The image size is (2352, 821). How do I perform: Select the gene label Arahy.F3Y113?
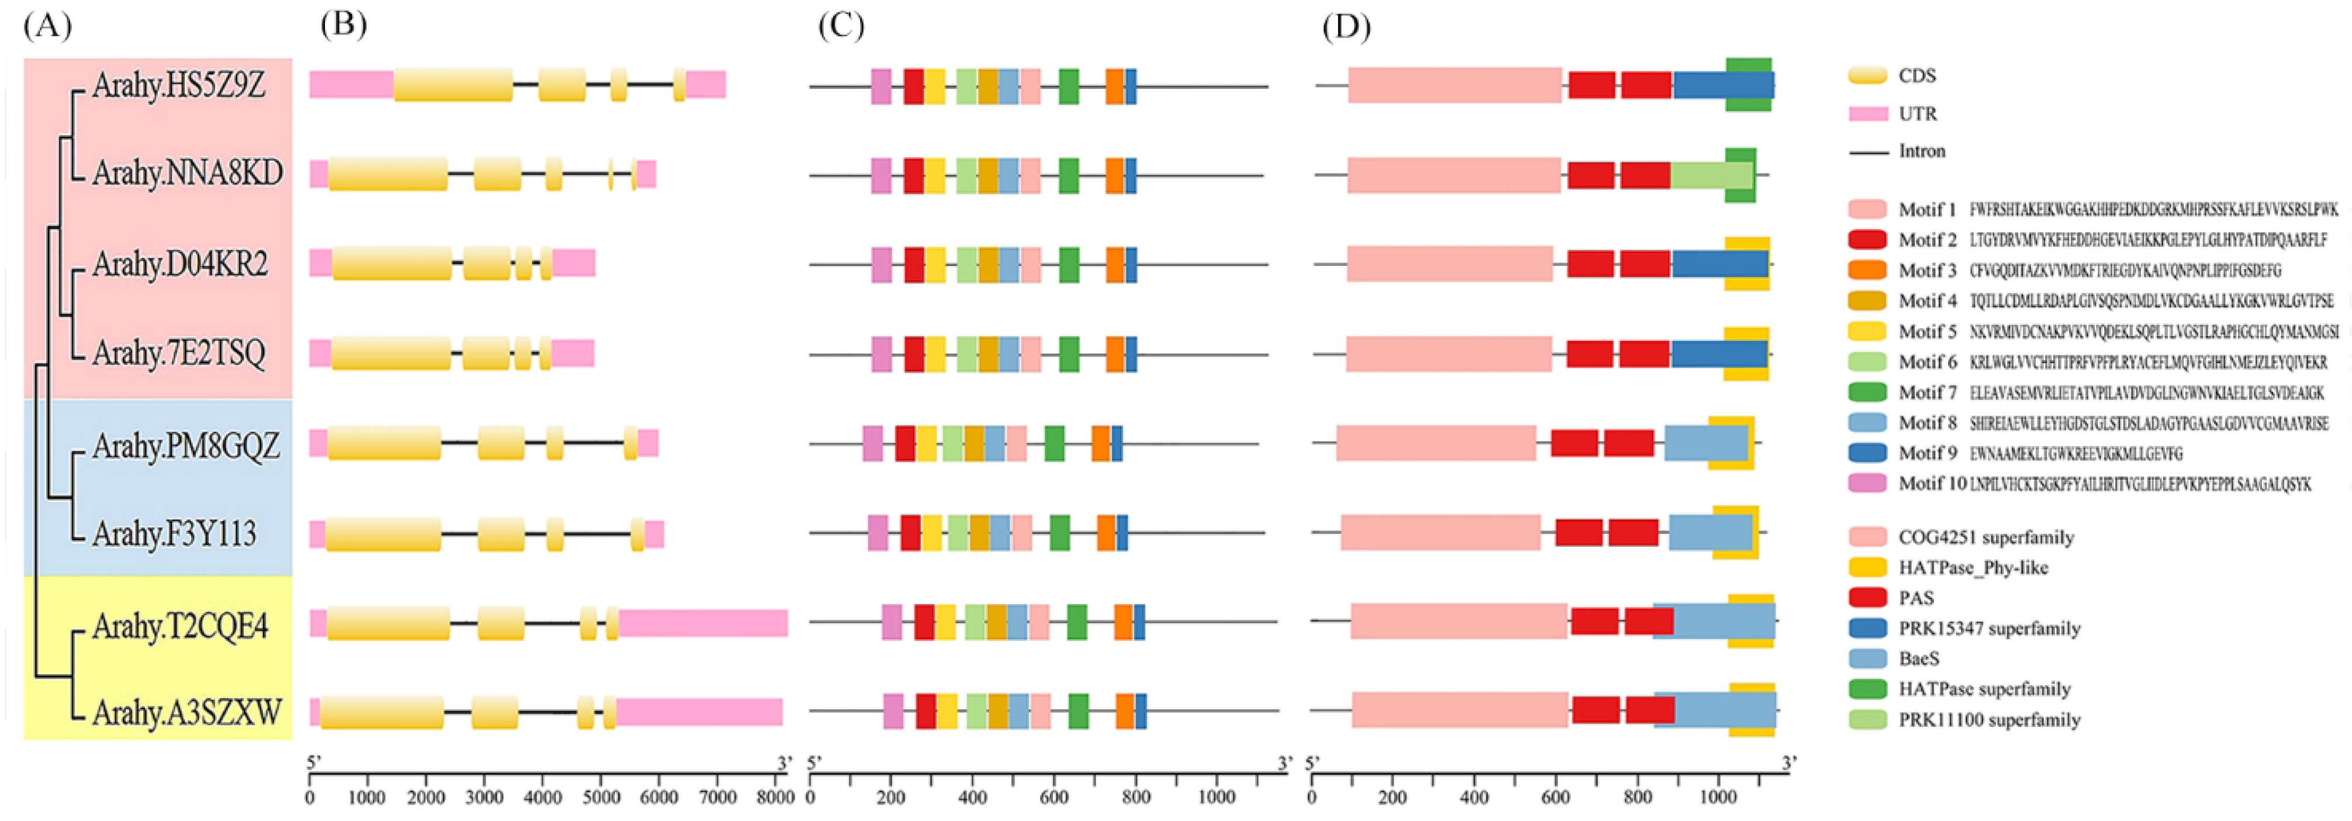tap(174, 533)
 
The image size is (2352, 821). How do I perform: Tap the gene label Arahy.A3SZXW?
tap(186, 712)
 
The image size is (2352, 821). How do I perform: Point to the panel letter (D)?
tap(1346, 27)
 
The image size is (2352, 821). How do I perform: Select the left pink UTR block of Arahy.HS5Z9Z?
tap(351, 84)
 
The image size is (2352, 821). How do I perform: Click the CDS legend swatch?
tap(1867, 76)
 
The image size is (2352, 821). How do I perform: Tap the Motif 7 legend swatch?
tap(1867, 393)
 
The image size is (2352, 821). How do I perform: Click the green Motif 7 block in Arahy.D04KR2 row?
tap(1068, 265)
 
